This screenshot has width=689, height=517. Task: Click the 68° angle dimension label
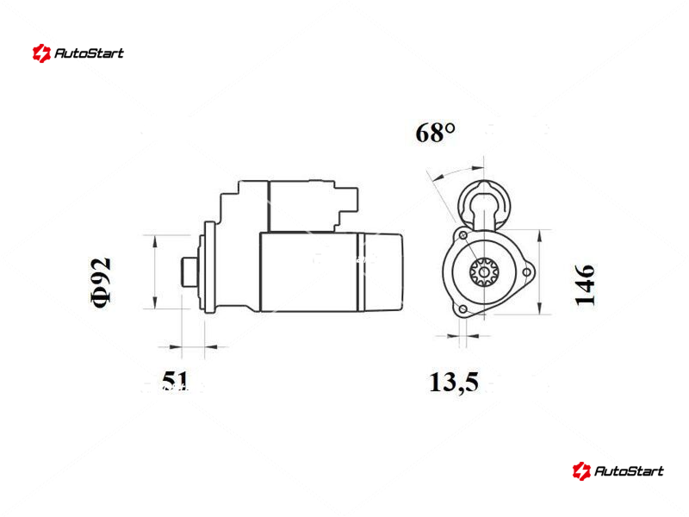[x=435, y=133]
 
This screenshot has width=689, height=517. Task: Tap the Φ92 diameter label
[x=101, y=283]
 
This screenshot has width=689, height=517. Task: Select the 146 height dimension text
[x=585, y=284]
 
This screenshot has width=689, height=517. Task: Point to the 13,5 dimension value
[x=454, y=382]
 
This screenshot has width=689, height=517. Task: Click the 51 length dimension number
[x=175, y=380]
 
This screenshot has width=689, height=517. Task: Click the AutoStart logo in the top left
[x=78, y=53]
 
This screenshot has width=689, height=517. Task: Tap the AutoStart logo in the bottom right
[x=618, y=470]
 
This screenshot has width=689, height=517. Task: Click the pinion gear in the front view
[x=484, y=272]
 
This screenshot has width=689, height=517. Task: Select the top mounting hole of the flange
[x=462, y=236]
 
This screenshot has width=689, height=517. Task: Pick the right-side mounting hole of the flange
[x=526, y=272]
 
